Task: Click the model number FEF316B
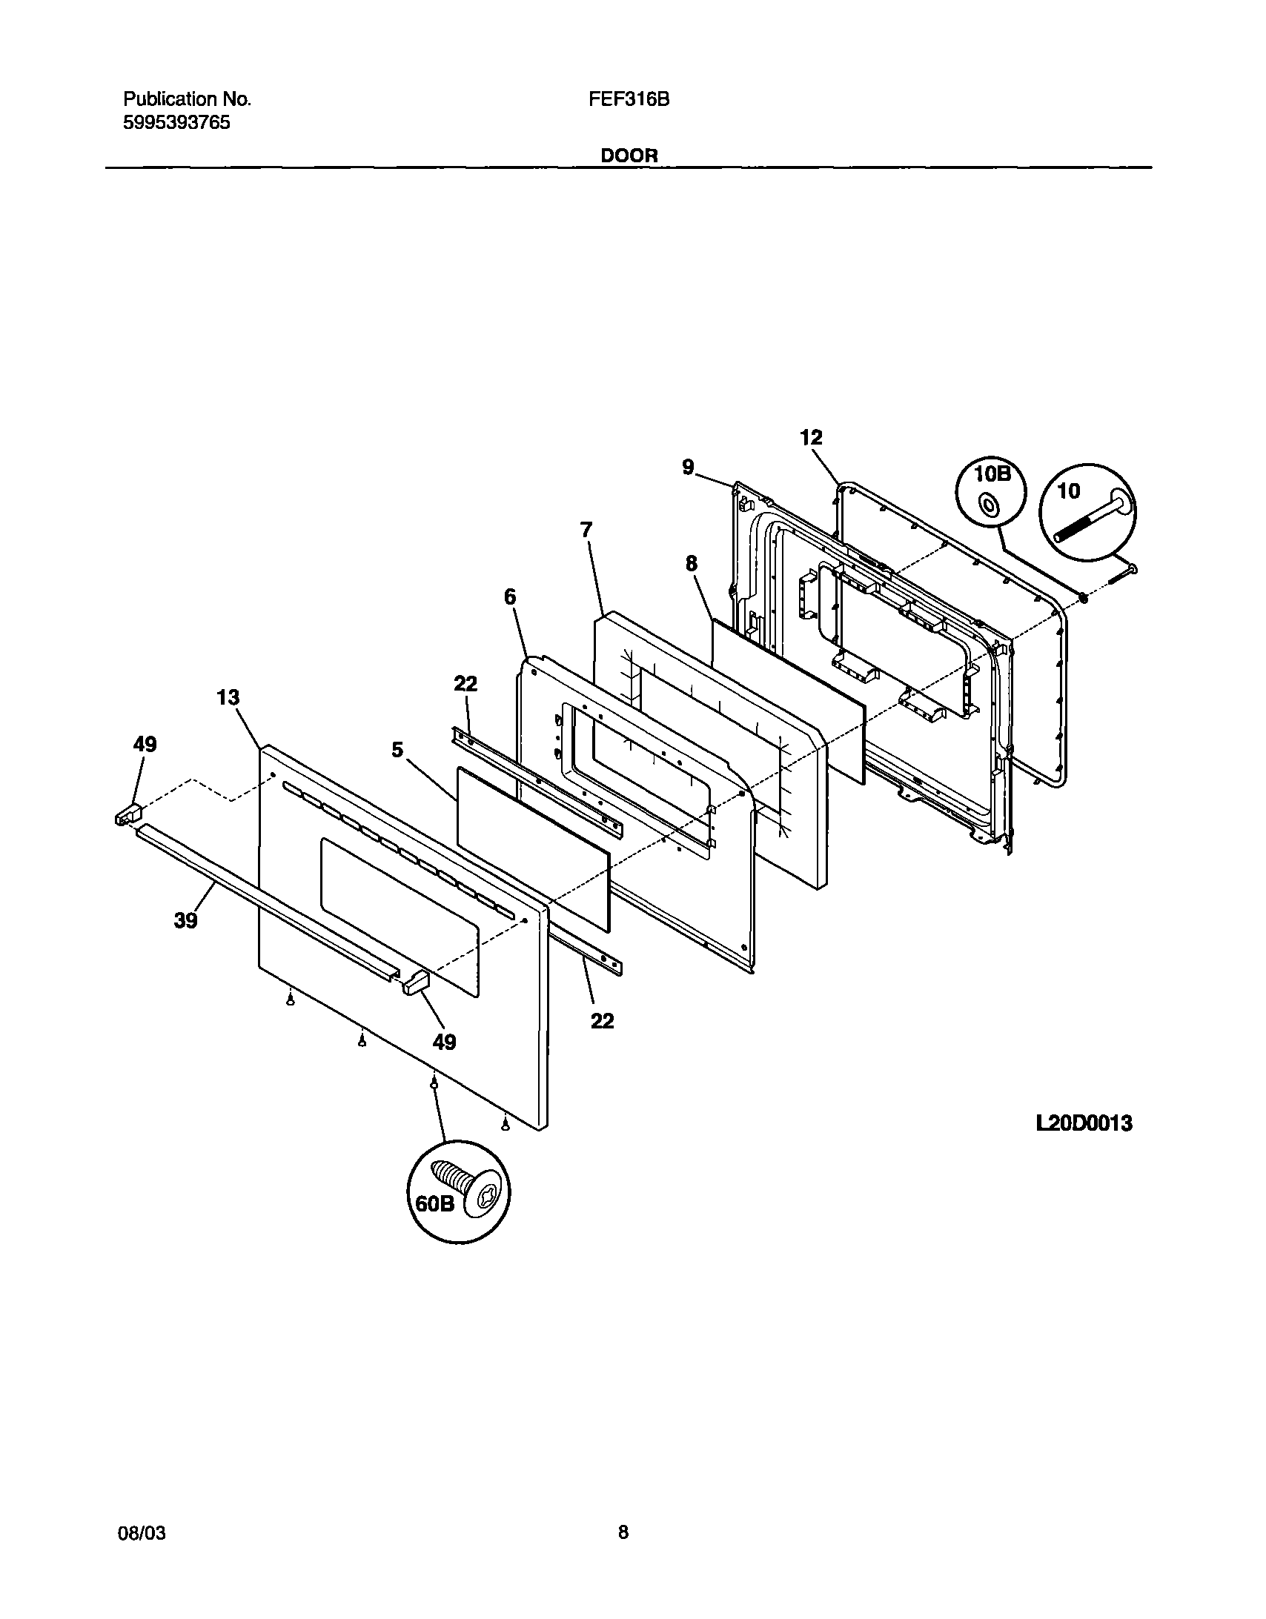[x=629, y=99]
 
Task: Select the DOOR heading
[x=629, y=156]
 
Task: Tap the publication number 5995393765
[x=176, y=123]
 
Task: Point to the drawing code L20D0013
[x=1084, y=1124]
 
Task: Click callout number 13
[x=228, y=697]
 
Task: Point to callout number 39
[x=186, y=920]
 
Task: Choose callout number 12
[x=812, y=437]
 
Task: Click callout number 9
[x=689, y=467]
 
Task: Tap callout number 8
[x=692, y=564]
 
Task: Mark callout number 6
[x=510, y=596]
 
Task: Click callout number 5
[x=397, y=749]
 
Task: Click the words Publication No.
[x=188, y=99]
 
